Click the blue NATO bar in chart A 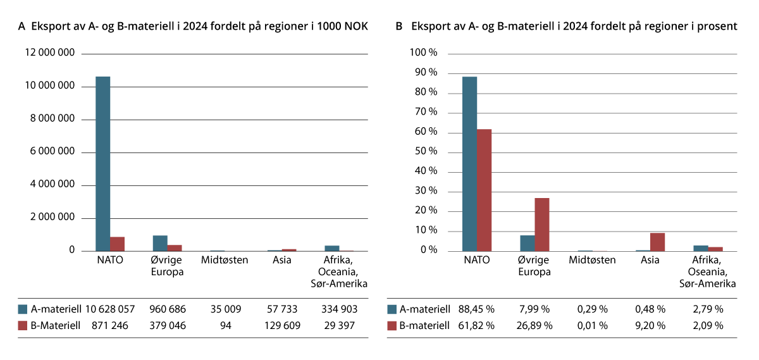pyautogui.click(x=103, y=164)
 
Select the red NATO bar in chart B pyautogui.click(x=484, y=190)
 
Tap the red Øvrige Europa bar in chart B pyautogui.click(x=542, y=225)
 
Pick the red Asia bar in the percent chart pyautogui.click(x=657, y=242)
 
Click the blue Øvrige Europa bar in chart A pyautogui.click(x=160, y=244)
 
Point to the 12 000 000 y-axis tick pyautogui.click(x=50, y=53)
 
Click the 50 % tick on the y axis pyautogui.click(x=424, y=152)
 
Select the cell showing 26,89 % pyautogui.click(x=535, y=326)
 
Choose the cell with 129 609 pyautogui.click(x=281, y=326)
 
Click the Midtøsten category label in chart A pyautogui.click(x=225, y=259)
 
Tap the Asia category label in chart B pyautogui.click(x=650, y=259)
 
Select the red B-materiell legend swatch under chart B pyautogui.click(x=392, y=326)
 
